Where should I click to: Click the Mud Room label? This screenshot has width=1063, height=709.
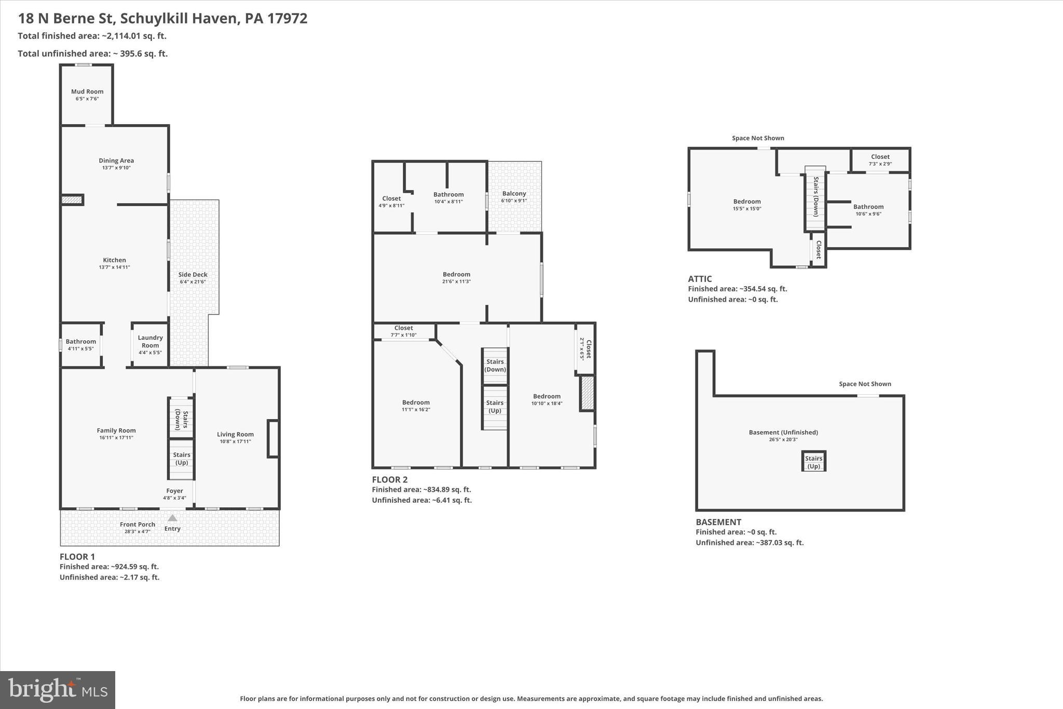pyautogui.click(x=87, y=91)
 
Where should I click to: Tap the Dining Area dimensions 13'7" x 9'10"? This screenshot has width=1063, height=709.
pyautogui.click(x=116, y=168)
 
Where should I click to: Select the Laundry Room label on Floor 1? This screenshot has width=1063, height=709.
pyautogui.click(x=150, y=341)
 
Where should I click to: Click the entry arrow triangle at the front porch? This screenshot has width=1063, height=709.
pyautogui.click(x=172, y=518)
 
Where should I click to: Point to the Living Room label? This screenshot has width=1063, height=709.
pyautogui.click(x=235, y=434)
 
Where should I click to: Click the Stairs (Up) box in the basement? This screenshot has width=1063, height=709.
pyautogui.click(x=813, y=462)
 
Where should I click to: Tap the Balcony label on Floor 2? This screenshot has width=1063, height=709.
pyautogui.click(x=514, y=193)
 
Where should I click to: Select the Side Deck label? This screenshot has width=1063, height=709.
pyautogui.click(x=193, y=274)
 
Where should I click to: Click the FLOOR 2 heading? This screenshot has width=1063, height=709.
pyautogui.click(x=389, y=479)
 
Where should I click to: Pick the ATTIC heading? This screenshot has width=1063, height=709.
pyautogui.click(x=700, y=279)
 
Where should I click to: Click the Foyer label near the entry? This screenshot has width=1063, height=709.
pyautogui.click(x=174, y=490)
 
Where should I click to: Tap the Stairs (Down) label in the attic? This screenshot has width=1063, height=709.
pyautogui.click(x=815, y=196)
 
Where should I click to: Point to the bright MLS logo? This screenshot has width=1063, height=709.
pyautogui.click(x=58, y=689)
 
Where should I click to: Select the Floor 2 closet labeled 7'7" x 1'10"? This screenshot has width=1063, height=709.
pyautogui.click(x=403, y=331)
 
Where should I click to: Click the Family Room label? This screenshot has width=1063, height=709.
pyautogui.click(x=116, y=430)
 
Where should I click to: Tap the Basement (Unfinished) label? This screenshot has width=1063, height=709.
pyautogui.click(x=783, y=432)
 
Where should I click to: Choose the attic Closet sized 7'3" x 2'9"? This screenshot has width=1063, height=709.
pyautogui.click(x=880, y=159)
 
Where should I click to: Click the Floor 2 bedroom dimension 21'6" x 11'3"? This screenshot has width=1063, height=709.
pyautogui.click(x=456, y=282)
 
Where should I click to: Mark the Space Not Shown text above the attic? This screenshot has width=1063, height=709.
pyautogui.click(x=758, y=138)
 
